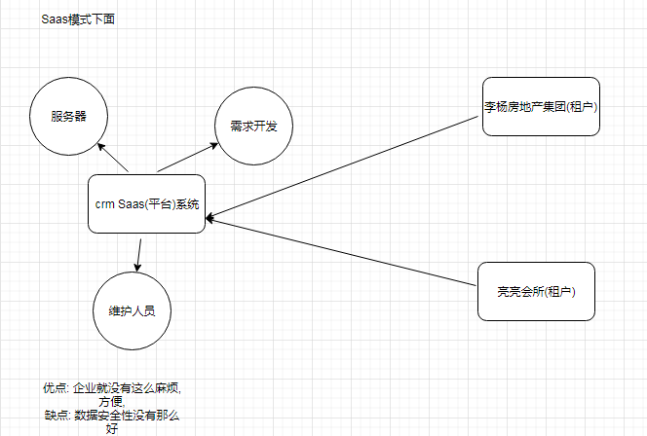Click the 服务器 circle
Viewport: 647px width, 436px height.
tap(68, 115)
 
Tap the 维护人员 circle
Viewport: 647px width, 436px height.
tap(133, 310)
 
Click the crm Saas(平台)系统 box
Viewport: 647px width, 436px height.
tap(146, 204)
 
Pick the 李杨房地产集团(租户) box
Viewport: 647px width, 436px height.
tap(540, 105)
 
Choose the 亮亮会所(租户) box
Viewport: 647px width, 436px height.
tap(536, 290)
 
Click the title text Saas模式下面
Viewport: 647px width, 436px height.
tap(78, 20)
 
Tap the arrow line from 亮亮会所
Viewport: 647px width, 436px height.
tap(341, 251)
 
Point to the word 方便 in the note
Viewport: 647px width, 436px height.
tap(110, 401)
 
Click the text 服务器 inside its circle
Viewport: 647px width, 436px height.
tap(68, 116)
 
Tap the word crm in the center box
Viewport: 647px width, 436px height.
tap(104, 204)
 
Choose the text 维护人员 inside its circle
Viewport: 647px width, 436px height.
tap(133, 311)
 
